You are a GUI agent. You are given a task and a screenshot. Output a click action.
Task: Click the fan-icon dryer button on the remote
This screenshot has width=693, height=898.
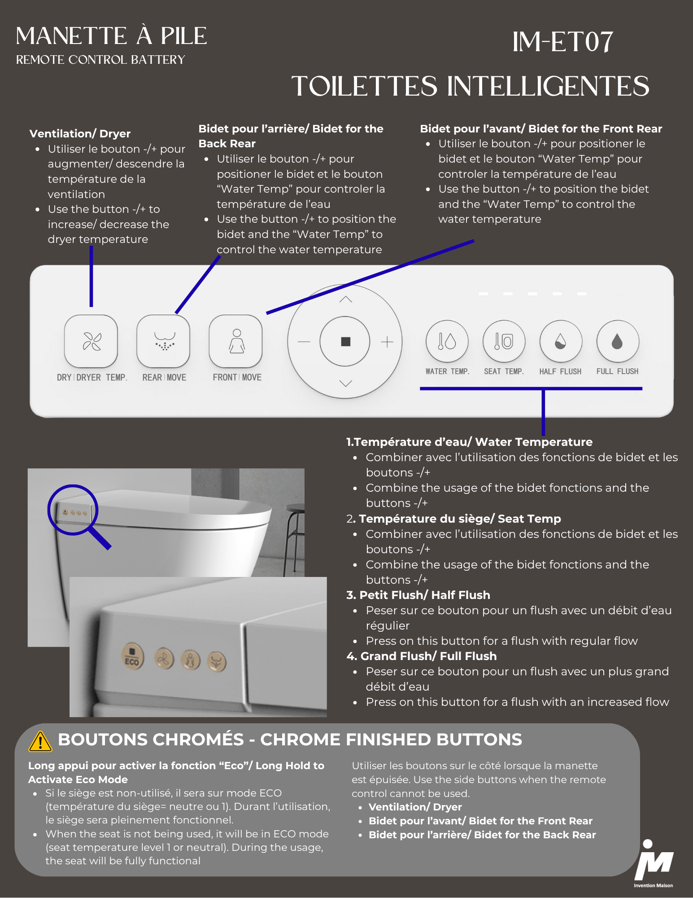pyautogui.click(x=91, y=341)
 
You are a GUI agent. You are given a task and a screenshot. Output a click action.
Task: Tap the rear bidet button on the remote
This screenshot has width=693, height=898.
pyautogui.click(x=164, y=341)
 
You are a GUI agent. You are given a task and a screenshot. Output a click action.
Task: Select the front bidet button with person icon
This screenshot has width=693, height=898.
pyautogui.click(x=236, y=341)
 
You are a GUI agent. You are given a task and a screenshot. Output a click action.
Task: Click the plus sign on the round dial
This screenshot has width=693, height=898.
pyautogui.click(x=387, y=342)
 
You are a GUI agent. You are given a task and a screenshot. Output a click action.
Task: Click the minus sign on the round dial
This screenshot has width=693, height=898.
pyautogui.click(x=304, y=342)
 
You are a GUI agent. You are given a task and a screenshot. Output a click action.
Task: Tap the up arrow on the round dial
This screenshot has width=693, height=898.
pyautogui.click(x=345, y=299)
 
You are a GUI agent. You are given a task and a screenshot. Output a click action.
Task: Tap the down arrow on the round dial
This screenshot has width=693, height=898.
pyautogui.click(x=345, y=383)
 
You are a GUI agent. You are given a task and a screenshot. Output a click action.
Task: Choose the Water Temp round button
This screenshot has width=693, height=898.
pyautogui.click(x=447, y=341)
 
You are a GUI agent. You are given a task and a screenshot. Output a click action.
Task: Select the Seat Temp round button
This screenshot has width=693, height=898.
pyautogui.click(x=504, y=341)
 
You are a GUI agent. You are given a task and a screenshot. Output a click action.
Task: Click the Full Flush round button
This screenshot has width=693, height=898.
pyautogui.click(x=618, y=341)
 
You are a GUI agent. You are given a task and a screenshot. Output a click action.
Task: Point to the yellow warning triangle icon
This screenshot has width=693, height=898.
pyautogui.click(x=40, y=741)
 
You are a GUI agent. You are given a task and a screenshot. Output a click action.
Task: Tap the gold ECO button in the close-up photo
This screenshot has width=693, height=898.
pyautogui.click(x=132, y=656)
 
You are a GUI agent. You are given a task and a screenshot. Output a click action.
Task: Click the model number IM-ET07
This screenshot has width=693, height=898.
pyautogui.click(x=563, y=42)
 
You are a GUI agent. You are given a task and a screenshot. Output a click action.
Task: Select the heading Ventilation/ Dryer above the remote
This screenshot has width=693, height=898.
pyautogui.click(x=80, y=133)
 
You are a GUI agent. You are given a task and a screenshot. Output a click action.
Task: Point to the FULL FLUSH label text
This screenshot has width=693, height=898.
pyautogui.click(x=617, y=371)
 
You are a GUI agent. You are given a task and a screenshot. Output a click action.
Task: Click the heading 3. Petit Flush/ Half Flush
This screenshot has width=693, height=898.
pyautogui.click(x=418, y=595)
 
